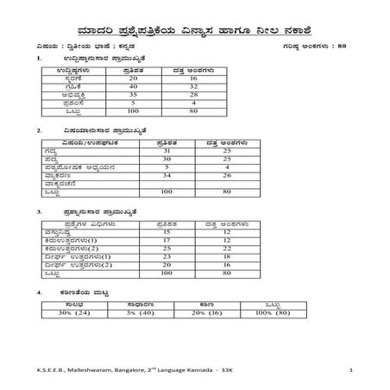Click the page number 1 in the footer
click(x=352, y=369)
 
